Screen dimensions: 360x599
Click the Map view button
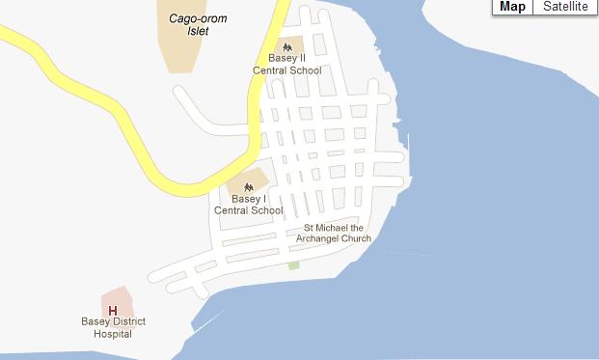[x=512, y=7]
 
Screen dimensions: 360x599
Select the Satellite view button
[x=565, y=7]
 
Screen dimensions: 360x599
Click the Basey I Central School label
[x=248, y=205]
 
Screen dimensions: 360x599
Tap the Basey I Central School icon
[x=248, y=185]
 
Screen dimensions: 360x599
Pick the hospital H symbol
[x=113, y=310]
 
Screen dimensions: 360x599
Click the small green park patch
[x=293, y=264]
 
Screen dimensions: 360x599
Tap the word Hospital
[x=113, y=334]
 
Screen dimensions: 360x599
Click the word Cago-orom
[x=189, y=17]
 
